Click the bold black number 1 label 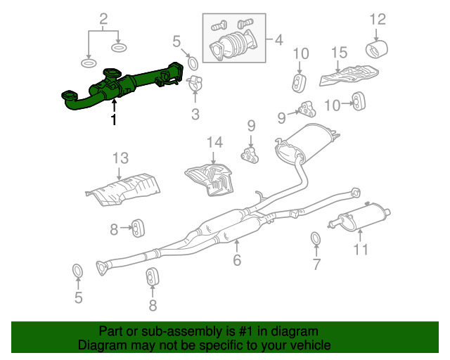point(114,120)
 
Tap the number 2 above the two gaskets point(103,19)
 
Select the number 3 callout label point(195,115)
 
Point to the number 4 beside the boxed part point(278,39)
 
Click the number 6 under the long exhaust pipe point(237,260)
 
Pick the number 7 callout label point(316,264)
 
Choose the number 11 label point(361,250)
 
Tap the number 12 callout point(378,19)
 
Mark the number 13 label point(120,158)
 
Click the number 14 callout point(214,143)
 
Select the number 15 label point(339,53)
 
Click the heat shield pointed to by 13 point(123,189)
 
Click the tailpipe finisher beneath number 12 point(377,49)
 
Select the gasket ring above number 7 point(316,239)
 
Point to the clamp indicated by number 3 point(195,83)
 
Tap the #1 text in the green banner point(246,331)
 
